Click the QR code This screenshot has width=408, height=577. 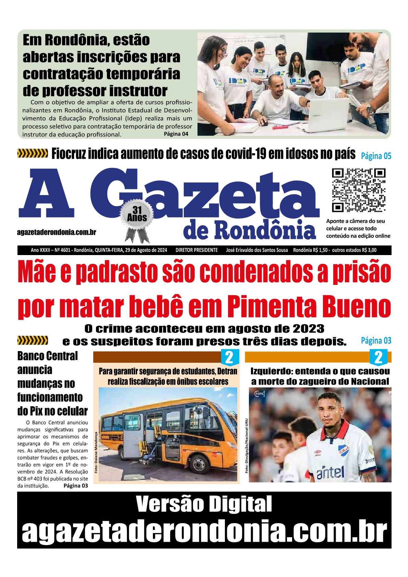tap(359, 190)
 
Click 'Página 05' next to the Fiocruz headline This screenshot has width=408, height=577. tap(376, 156)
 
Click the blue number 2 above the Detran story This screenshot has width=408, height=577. tap(229, 358)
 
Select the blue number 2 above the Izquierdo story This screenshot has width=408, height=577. tap(378, 358)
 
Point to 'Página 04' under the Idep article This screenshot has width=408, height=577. tap(176, 134)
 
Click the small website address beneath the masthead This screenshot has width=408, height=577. tap(57, 232)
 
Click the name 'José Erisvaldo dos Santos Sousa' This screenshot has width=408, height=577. tap(257, 250)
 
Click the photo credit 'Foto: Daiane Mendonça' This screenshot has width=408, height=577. tap(96, 452)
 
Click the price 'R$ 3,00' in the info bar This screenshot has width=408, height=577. tap(368, 250)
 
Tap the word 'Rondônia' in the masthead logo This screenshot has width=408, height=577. tap(265, 229)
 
